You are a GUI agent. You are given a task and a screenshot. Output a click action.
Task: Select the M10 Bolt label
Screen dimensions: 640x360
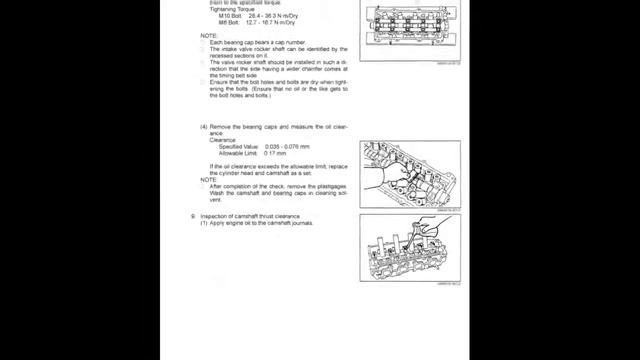231,17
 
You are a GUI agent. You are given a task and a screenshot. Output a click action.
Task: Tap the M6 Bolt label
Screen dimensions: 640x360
230,24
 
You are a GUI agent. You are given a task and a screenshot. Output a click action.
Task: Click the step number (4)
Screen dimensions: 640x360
204,127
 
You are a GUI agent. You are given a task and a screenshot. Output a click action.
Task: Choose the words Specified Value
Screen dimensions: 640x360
237,146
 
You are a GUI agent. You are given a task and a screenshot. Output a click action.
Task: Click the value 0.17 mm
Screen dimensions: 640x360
276,152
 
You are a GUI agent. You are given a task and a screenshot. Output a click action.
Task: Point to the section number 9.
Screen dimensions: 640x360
193,216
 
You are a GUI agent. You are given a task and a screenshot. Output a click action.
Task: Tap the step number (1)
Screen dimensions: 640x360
204,223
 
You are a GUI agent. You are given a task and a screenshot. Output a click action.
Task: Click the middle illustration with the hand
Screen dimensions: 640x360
410,173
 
